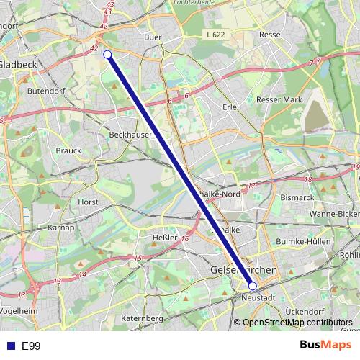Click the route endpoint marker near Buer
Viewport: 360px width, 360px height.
click(107, 55)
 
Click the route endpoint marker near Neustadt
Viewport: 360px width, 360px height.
click(252, 286)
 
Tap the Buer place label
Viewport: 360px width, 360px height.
click(153, 37)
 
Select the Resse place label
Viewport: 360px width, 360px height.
click(269, 34)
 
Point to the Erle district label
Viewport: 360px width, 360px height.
click(230, 107)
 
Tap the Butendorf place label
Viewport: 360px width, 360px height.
click(46, 91)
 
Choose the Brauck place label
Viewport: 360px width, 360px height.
click(68, 150)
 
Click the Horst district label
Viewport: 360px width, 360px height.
click(88, 202)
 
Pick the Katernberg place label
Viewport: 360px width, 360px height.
click(142, 318)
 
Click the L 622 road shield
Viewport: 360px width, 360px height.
click(215, 35)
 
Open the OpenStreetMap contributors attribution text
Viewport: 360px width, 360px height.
click(297, 323)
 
